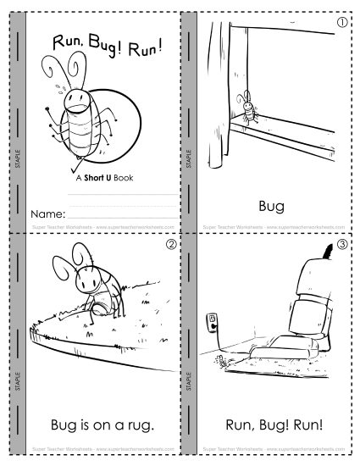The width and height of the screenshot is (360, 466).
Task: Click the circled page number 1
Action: (x=341, y=23)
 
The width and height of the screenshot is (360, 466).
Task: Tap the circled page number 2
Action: (x=170, y=247)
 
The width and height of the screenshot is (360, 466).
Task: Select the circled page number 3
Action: (x=341, y=247)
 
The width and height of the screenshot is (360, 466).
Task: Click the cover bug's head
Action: (x=79, y=101)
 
